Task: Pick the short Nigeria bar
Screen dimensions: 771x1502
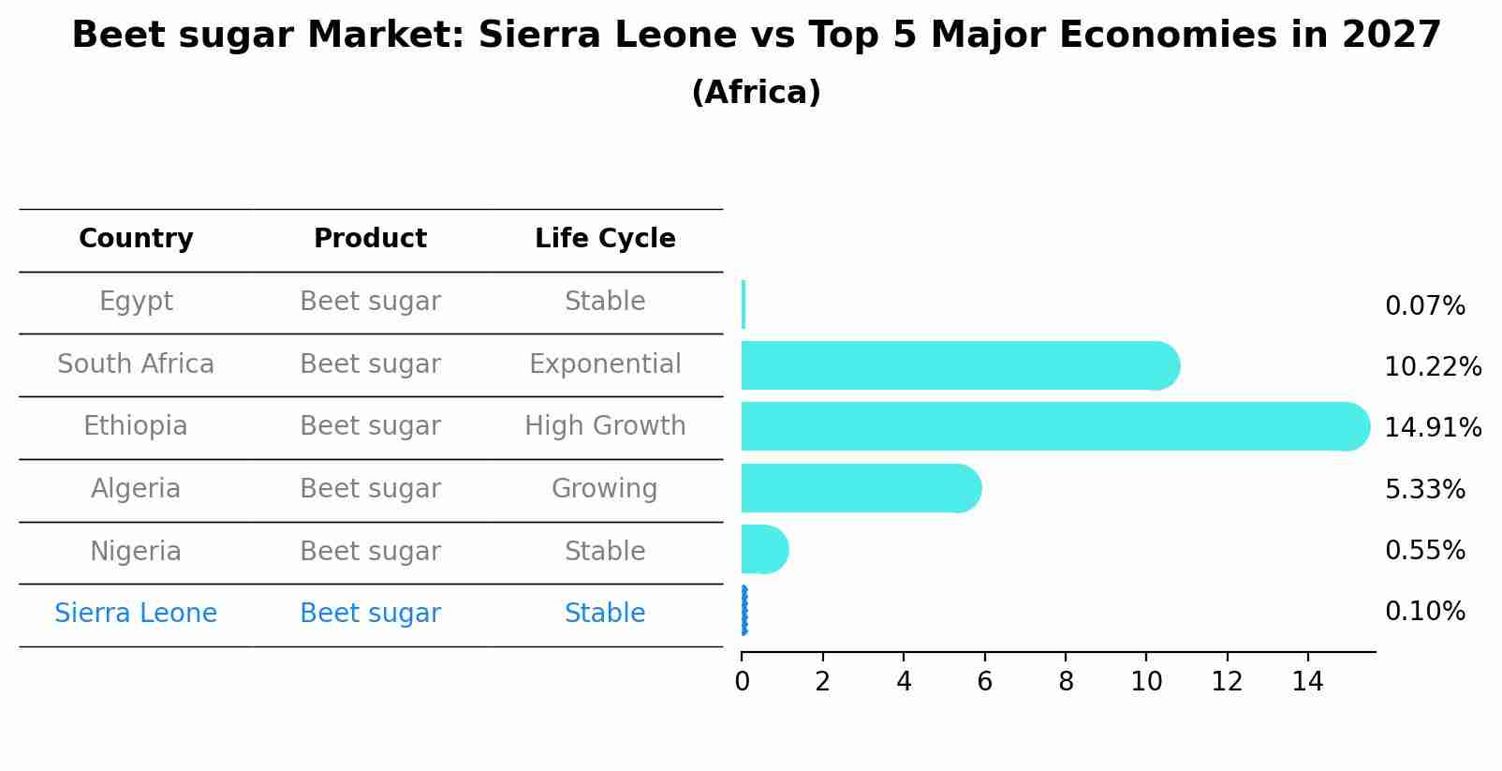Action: point(764,549)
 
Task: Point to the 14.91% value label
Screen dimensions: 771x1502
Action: point(1432,428)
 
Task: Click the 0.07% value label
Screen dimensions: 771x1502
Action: point(1424,306)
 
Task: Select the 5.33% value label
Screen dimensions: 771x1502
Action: point(1424,489)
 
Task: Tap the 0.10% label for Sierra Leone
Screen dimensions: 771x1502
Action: point(1424,612)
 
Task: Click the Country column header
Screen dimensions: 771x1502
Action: point(136,239)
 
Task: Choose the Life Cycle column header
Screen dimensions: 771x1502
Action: point(605,239)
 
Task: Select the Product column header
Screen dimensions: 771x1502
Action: point(370,239)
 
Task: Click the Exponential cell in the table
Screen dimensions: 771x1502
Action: point(605,364)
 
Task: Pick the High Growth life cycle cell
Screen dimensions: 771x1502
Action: point(605,426)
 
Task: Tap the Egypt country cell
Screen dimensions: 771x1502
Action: point(136,302)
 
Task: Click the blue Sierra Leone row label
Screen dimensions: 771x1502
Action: point(136,614)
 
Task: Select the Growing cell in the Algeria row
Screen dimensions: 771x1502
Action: point(605,489)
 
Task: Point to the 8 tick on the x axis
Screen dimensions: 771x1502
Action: point(1066,681)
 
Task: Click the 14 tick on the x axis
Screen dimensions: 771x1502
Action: point(1307,681)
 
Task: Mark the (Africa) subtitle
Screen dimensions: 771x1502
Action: point(756,93)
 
